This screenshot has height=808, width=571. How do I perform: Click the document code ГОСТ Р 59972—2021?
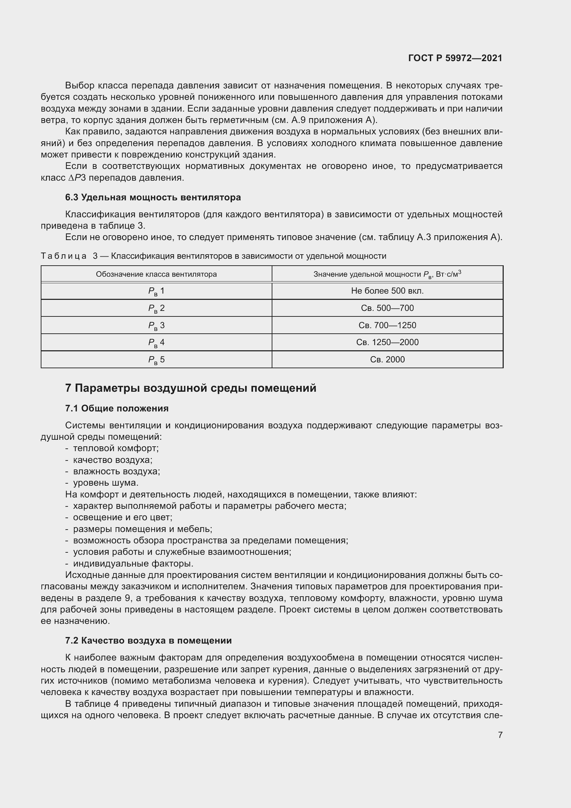click(x=455, y=58)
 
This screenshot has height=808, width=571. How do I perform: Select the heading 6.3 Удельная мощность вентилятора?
click(x=153, y=198)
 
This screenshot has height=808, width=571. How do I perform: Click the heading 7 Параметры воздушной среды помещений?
click(x=191, y=388)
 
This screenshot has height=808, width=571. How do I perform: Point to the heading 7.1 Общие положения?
click(x=117, y=408)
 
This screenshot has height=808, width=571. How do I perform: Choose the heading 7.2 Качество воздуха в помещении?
click(x=148, y=640)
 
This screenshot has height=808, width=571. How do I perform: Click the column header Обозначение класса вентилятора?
click(x=156, y=274)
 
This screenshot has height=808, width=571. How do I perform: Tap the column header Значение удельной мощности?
click(x=387, y=274)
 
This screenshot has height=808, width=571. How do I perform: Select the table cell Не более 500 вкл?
click(x=387, y=291)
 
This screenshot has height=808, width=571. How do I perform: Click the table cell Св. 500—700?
click(x=387, y=308)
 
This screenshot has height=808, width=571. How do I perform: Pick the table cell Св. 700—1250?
click(x=387, y=325)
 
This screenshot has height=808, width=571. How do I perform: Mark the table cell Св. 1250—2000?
click(x=387, y=342)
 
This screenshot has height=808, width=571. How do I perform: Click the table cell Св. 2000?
click(x=387, y=359)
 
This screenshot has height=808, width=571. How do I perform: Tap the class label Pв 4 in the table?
click(x=156, y=342)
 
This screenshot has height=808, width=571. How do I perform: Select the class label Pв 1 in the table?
click(x=156, y=291)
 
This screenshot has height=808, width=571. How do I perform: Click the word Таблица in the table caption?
click(x=64, y=256)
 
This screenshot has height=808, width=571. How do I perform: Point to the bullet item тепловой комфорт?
click(x=116, y=448)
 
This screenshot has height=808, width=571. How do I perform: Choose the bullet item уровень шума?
click(x=106, y=483)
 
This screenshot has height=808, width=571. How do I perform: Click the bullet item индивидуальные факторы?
click(x=133, y=564)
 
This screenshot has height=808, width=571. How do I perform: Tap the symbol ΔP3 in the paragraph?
click(x=77, y=178)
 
